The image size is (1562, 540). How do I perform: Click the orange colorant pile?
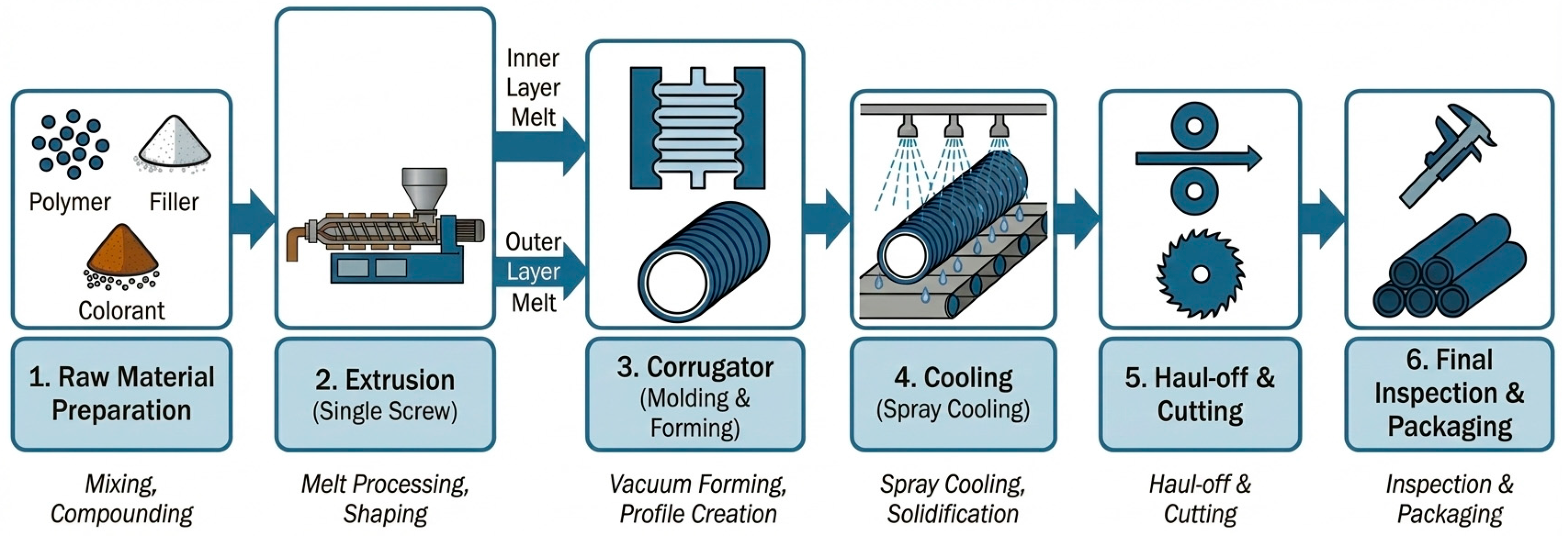click(x=123, y=251)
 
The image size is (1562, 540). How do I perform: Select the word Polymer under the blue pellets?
click(x=70, y=202)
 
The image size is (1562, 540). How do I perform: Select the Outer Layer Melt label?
click(x=533, y=271)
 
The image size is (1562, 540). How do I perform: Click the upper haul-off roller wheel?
click(x=1194, y=126)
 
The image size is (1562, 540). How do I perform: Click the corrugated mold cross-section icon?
click(x=697, y=128)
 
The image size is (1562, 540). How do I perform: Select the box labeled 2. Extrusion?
click(x=385, y=395)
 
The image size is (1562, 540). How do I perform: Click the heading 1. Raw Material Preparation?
click(x=121, y=394)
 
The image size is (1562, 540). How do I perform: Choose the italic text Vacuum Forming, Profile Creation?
click(x=697, y=498)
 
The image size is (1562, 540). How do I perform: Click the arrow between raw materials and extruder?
click(x=254, y=219)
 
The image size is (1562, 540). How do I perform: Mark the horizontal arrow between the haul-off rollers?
click(x=1198, y=159)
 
